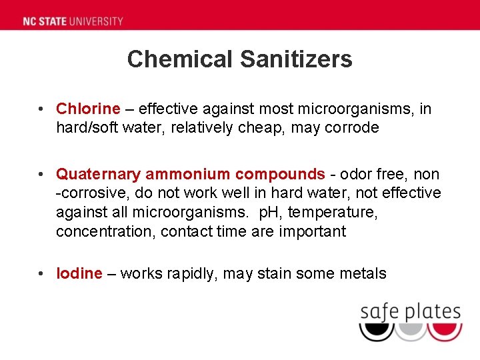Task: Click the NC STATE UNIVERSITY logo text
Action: tap(73, 21)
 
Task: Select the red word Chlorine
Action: tap(88, 109)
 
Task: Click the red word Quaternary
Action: tap(98, 175)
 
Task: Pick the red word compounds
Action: tap(280, 175)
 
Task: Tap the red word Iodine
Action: tap(79, 273)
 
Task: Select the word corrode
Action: tap(351, 128)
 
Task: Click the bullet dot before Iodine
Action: tap(41, 273)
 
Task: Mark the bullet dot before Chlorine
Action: tap(41, 109)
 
